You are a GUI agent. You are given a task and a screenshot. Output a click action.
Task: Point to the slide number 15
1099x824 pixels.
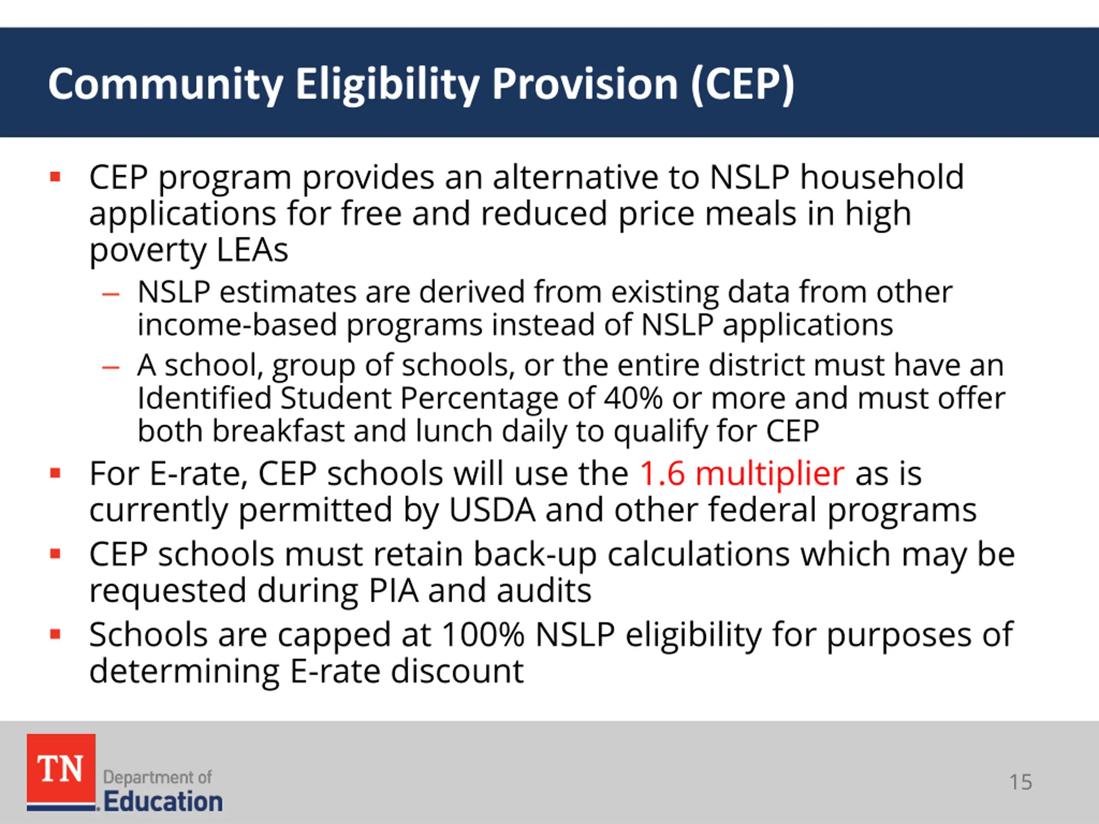click(1020, 782)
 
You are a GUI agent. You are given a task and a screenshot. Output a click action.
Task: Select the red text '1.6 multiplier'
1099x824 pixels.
click(742, 473)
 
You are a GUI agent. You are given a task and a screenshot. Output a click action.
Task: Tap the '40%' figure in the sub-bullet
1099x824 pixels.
click(633, 398)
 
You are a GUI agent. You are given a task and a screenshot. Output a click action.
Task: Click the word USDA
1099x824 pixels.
click(492, 510)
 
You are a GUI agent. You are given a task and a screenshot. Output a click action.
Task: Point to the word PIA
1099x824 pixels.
click(394, 591)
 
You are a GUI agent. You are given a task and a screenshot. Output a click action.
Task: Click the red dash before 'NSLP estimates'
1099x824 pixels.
click(110, 294)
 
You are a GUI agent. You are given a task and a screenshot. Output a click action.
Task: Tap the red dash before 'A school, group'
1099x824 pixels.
click(110, 367)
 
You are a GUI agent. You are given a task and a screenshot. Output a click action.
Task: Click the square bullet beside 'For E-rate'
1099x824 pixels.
click(55, 473)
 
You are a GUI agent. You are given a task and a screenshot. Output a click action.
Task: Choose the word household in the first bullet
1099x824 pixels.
click(882, 177)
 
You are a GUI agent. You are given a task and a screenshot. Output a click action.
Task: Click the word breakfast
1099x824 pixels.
click(278, 430)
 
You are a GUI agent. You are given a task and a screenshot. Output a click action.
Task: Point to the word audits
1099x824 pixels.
click(544, 591)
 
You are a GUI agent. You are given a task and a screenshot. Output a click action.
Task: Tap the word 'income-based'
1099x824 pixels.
click(237, 325)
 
